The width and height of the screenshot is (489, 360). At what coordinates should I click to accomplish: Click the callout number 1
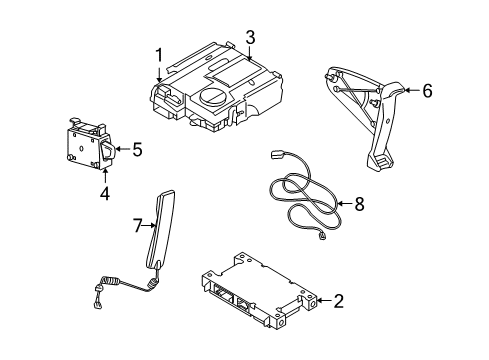158,54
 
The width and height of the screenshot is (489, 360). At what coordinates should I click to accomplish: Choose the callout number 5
137,151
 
